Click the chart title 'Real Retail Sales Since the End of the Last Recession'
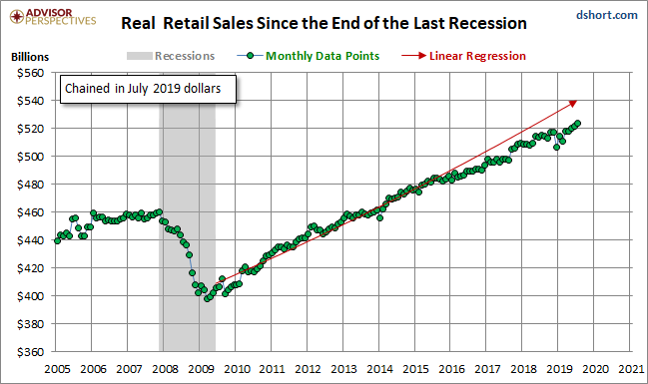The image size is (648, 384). point(324,23)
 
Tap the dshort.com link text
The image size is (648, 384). point(607,15)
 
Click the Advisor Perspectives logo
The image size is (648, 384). point(53,17)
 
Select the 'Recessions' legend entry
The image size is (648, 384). point(171,56)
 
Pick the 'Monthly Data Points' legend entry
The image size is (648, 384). point(309,56)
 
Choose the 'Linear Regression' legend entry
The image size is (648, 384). point(463,56)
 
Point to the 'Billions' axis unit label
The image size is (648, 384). point(30,57)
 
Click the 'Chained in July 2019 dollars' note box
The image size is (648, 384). point(148,89)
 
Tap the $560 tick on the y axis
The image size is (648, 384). point(30,73)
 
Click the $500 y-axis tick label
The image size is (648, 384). point(30,157)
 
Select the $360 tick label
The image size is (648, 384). point(30,352)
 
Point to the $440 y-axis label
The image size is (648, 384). point(30,240)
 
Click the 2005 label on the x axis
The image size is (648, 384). point(58,369)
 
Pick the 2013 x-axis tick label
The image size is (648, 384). point(344,369)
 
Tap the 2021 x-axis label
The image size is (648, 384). point(631,369)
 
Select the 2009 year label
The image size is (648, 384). point(201,369)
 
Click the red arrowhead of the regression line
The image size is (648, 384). point(573,103)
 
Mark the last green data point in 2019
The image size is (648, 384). point(578,123)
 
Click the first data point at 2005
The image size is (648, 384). point(58,240)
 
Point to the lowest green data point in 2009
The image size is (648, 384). point(207,298)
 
